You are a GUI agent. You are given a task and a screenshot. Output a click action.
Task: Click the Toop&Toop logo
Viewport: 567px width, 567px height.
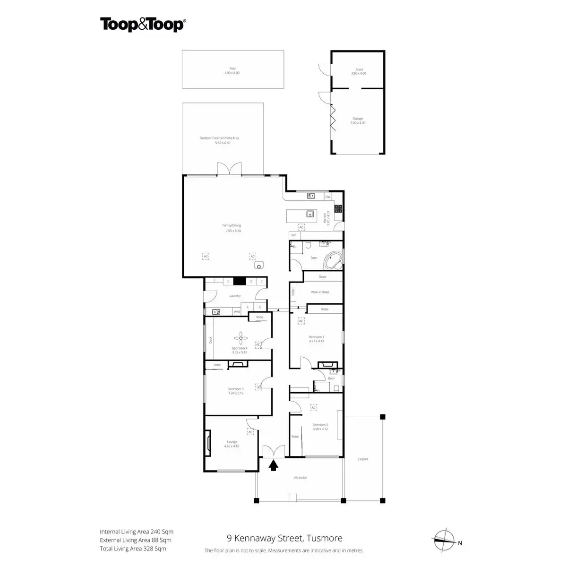point(142,25)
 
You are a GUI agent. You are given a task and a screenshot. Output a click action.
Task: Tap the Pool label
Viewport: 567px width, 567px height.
point(232,69)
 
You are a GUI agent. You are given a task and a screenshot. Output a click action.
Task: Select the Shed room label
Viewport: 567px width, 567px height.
point(359,69)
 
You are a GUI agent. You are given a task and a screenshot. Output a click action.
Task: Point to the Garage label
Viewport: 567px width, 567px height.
point(358,119)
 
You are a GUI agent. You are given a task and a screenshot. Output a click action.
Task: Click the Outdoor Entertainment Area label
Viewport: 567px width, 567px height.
point(219,138)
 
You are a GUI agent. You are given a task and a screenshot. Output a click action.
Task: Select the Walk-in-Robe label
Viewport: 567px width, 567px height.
point(320,292)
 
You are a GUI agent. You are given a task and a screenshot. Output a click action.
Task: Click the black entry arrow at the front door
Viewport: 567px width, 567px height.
point(273,466)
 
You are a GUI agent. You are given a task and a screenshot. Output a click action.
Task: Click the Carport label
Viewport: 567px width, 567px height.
point(362,459)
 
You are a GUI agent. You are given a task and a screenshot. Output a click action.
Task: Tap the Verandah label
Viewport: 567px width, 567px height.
point(301,478)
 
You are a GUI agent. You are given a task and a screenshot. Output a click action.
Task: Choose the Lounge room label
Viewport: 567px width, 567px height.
point(232,442)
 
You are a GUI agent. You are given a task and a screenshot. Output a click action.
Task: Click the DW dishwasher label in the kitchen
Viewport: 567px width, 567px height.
point(327,197)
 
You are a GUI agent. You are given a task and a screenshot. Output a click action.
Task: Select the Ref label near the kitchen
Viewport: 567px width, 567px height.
point(293,235)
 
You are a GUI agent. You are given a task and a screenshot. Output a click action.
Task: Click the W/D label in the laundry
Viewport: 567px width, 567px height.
point(237,312)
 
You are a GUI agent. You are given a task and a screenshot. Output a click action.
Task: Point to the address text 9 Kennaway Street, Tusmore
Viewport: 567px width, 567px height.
point(284,538)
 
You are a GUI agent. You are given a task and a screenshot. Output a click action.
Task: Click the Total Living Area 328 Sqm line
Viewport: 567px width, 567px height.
point(133,549)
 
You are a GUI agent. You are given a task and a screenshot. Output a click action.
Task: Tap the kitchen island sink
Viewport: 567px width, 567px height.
point(310,214)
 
